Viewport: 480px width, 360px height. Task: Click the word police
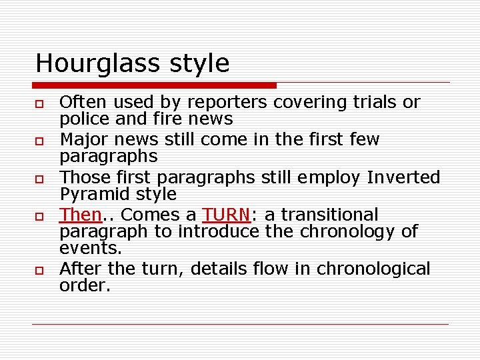(x=81, y=119)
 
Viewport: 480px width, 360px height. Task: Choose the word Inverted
(x=403, y=177)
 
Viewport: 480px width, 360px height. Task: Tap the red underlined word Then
(x=79, y=215)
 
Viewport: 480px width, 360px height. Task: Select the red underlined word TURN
(x=226, y=215)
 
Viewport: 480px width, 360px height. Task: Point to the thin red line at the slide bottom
(x=240, y=325)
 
